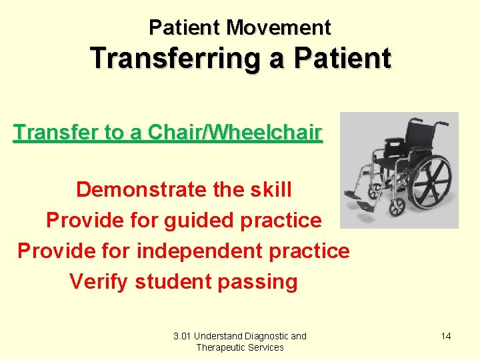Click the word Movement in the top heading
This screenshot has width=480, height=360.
(x=278, y=27)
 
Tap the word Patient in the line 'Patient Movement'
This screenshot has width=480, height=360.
(x=185, y=27)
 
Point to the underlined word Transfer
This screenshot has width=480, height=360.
(x=56, y=133)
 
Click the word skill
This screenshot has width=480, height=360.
(x=269, y=189)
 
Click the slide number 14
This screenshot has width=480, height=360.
(x=446, y=336)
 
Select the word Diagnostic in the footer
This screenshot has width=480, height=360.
(x=264, y=336)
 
